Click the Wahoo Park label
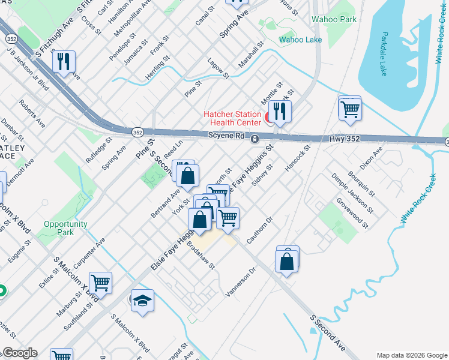334,19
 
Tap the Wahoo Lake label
300,40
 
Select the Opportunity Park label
66,228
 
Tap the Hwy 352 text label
345,139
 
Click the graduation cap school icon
142,299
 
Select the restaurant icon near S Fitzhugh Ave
63,61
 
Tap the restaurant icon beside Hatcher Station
280,111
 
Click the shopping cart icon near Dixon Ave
350,109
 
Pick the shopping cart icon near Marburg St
100,282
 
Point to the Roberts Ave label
32,113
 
